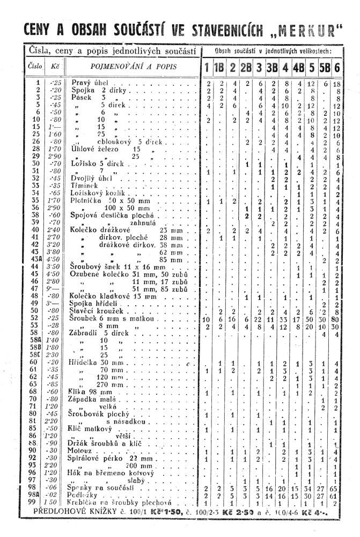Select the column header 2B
[247, 68]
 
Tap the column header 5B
[325, 68]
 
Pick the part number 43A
[38, 259]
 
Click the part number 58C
[37, 355]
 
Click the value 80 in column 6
[337, 318]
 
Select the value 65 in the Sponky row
[337, 488]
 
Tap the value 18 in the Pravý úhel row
[337, 84]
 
